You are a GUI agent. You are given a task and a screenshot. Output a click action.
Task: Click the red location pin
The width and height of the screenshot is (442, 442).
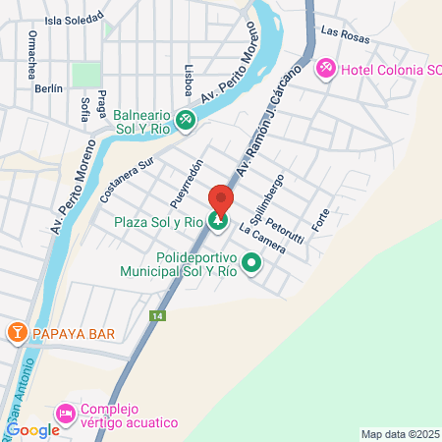coord(221,200)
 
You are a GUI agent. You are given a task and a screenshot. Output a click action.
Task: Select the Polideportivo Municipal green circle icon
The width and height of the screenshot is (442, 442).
coord(251,262)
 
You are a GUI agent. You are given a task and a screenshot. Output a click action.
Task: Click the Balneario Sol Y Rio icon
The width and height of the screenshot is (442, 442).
coord(187,121)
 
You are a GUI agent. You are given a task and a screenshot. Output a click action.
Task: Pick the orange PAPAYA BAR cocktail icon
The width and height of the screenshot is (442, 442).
coord(17,333)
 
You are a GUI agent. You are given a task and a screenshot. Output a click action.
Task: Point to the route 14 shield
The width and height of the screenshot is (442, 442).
coord(157,316)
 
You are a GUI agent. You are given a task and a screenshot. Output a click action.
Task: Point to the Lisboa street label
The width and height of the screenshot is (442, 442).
coord(188,80)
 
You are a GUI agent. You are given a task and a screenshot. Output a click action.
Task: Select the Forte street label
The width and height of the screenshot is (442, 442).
coord(320,219)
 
